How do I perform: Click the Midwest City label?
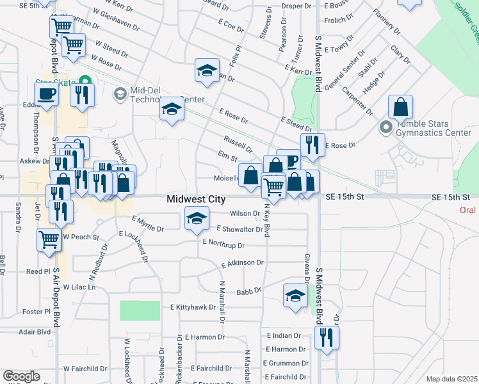point(196,200)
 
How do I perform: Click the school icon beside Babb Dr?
point(295,296)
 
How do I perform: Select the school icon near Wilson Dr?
point(197,218)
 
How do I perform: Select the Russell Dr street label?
point(238,144)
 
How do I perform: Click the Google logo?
point(21,376)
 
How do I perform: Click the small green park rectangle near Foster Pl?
point(140,310)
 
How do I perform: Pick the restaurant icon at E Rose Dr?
point(313,145)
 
